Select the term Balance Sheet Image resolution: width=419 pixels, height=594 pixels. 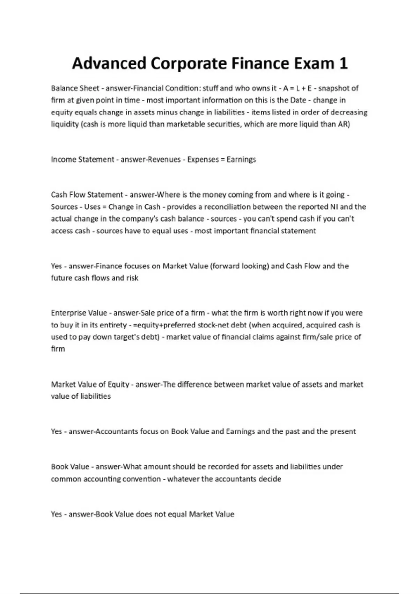pos(75,88)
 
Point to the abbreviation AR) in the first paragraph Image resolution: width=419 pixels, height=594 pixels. pos(344,124)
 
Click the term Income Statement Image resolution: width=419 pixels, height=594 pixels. pos(82,159)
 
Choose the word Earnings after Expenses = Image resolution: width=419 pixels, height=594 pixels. pos(241,159)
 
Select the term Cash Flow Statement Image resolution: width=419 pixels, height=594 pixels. pos(87,195)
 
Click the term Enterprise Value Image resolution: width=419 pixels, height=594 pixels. pos(79,313)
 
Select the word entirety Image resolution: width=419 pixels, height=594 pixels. pos(113,325)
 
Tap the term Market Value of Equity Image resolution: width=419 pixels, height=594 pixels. pos(90,384)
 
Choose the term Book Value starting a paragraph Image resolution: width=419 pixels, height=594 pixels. pos(70,467)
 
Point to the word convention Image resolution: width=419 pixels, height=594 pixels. pos(144,479)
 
